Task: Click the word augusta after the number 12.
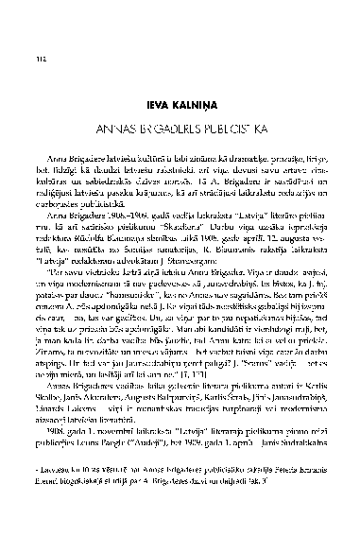click(x=285, y=239)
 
